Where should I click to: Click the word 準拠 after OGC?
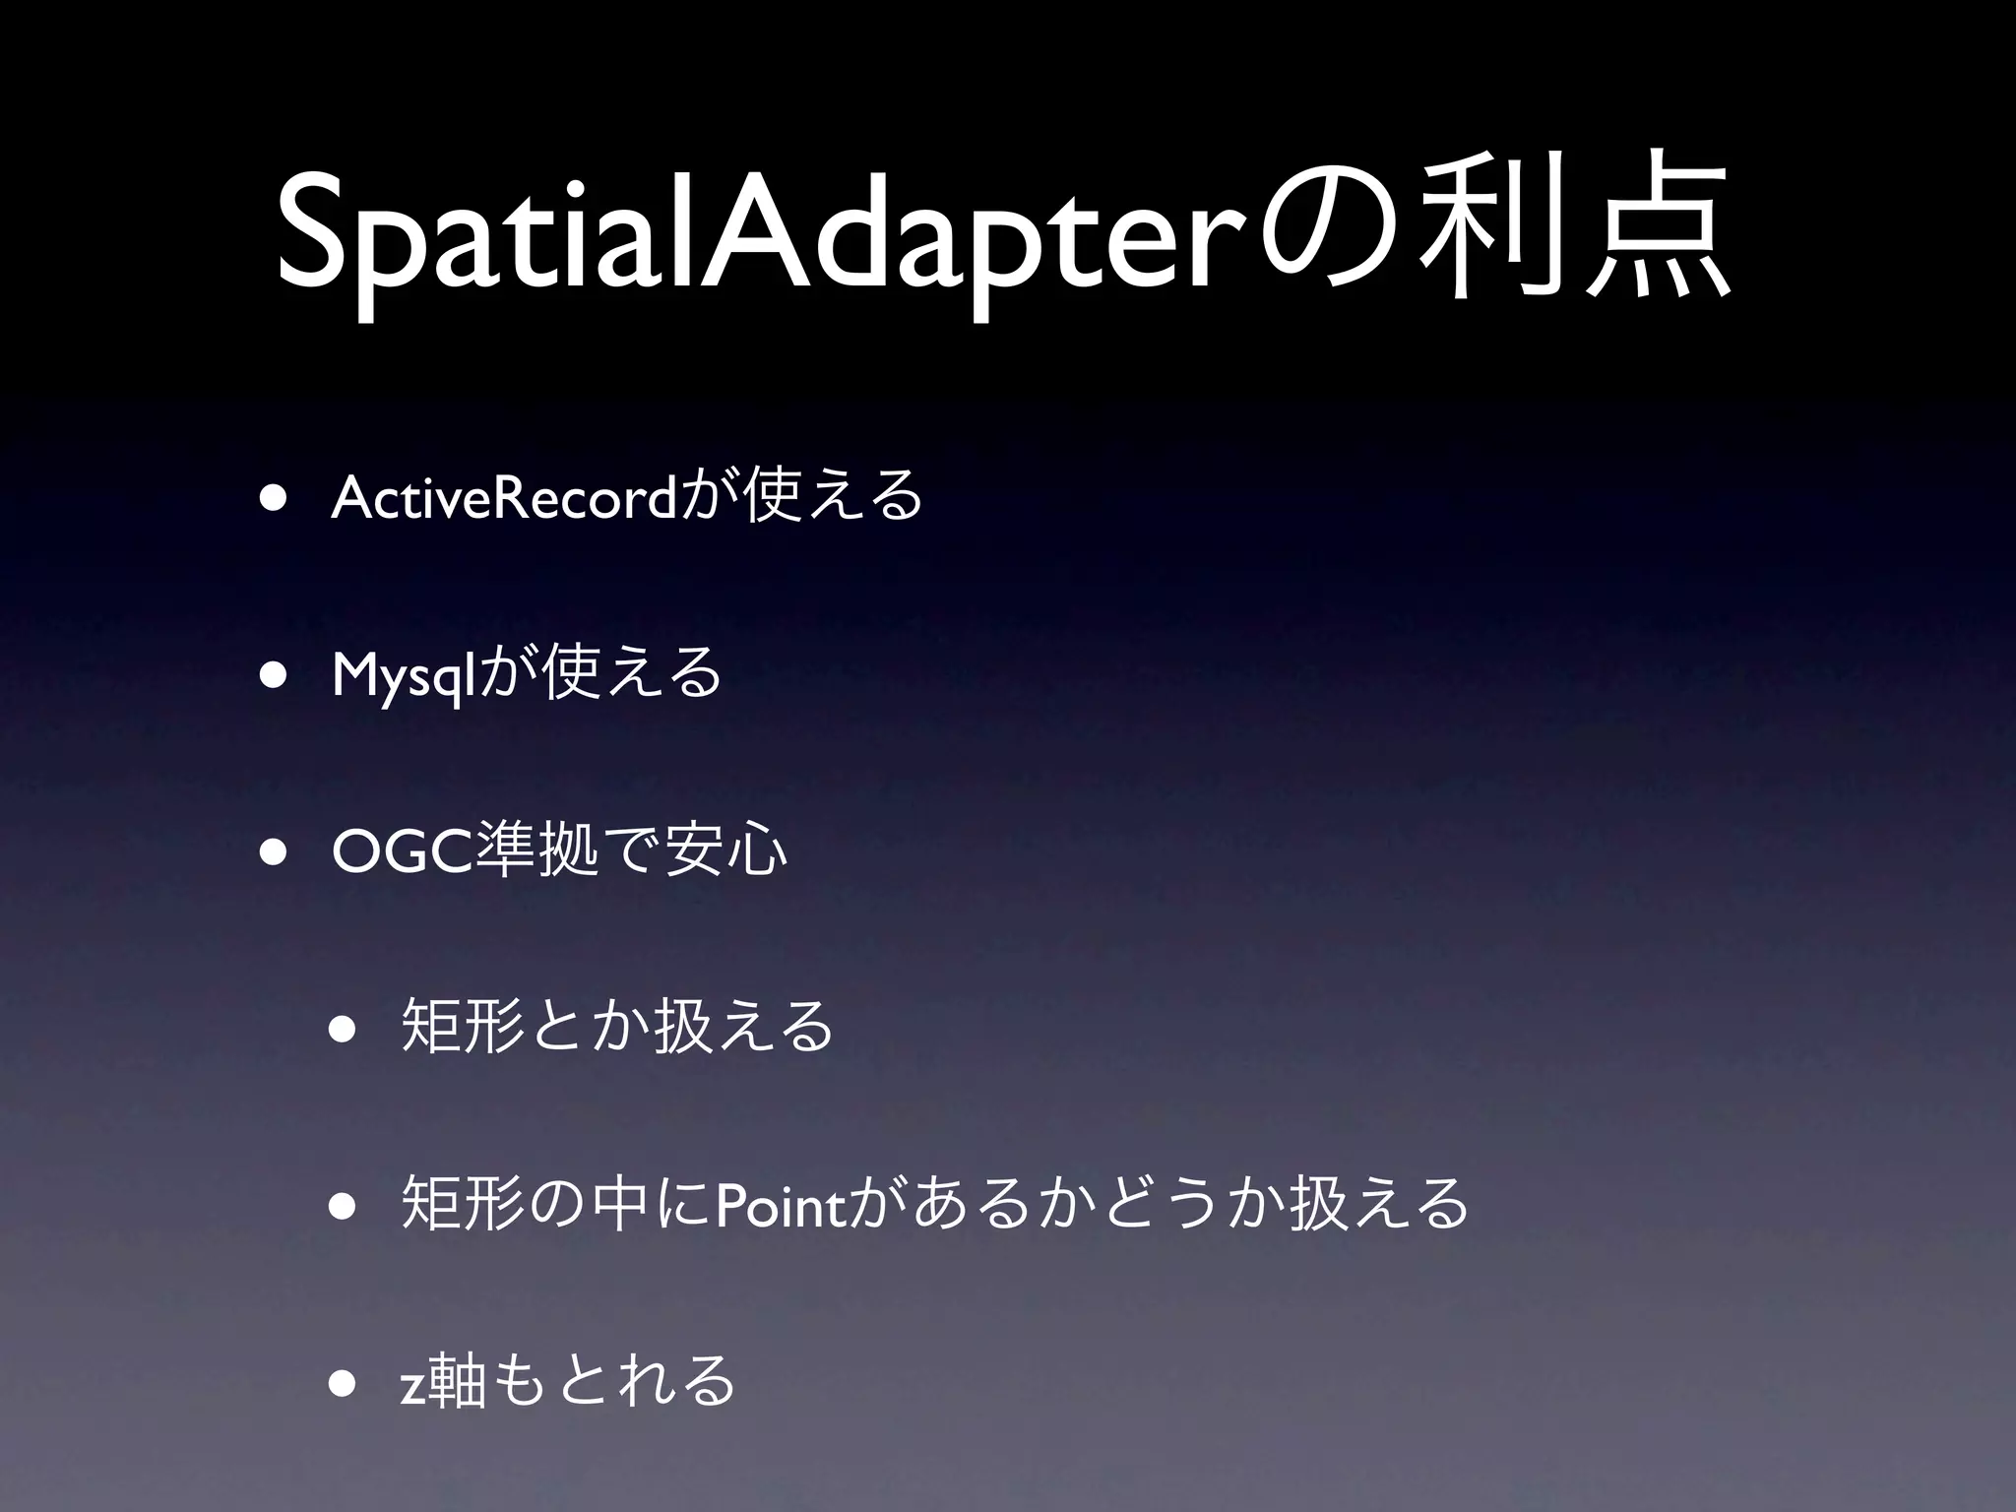point(536,850)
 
